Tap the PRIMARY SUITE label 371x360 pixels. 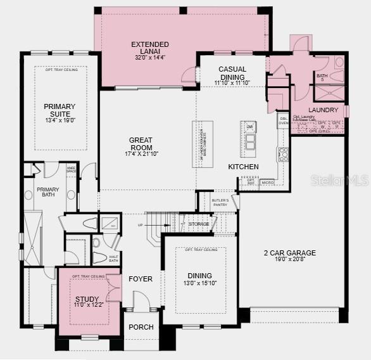point(60,110)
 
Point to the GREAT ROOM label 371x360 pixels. point(141,144)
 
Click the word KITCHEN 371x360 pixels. point(243,167)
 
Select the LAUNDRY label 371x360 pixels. point(324,110)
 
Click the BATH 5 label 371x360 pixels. point(322,78)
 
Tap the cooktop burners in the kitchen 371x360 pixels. point(283,153)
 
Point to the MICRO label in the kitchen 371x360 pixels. point(267,183)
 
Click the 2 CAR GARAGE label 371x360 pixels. point(289,253)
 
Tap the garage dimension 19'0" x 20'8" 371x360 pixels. point(289,260)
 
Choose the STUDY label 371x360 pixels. point(88,299)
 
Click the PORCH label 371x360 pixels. point(141,327)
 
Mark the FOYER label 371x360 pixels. point(141,279)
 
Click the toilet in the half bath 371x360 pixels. point(100,257)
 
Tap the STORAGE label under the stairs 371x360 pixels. point(199,223)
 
